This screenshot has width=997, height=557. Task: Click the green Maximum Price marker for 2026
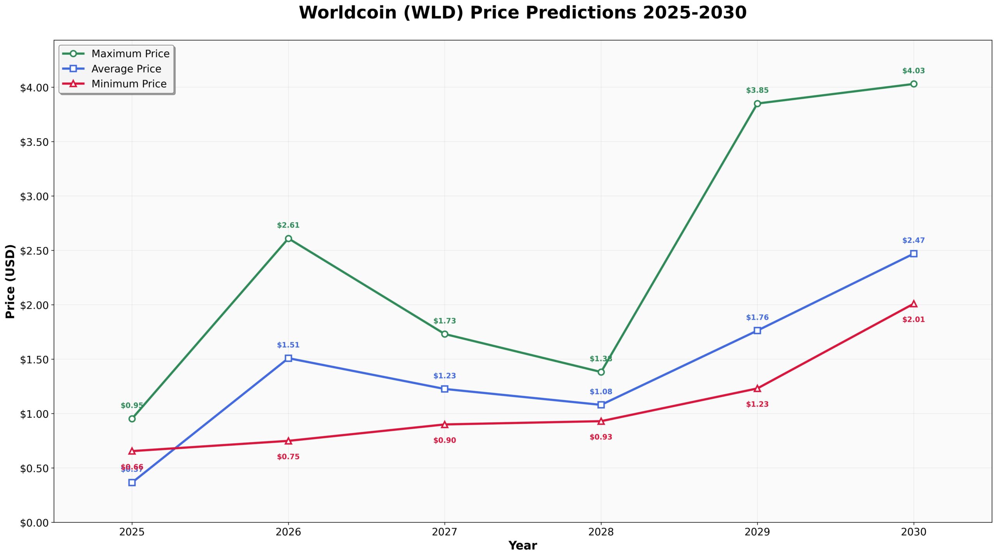[x=288, y=239]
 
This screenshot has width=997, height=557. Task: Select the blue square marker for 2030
[x=913, y=254]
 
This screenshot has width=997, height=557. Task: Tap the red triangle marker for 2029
[x=757, y=388]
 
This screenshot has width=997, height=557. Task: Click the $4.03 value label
[x=913, y=71]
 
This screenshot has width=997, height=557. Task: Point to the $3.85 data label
[x=757, y=91]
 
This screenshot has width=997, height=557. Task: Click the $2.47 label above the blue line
[x=913, y=241]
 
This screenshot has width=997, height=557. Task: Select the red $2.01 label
[x=913, y=320]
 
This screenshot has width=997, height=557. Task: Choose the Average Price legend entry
[x=126, y=69]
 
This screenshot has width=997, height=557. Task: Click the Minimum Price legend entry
[x=129, y=84]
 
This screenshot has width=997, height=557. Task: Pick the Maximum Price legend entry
[x=130, y=54]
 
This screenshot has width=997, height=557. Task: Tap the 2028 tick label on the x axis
[x=601, y=532]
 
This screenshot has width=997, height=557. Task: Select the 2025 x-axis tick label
[x=132, y=532]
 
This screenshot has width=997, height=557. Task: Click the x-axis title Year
[x=522, y=546]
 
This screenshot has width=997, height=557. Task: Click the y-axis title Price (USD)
[x=11, y=281]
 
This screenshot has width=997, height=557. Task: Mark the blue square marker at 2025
[x=132, y=483]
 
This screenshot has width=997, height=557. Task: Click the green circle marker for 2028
[x=601, y=372]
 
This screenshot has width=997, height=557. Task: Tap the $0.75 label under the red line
[x=288, y=457]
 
